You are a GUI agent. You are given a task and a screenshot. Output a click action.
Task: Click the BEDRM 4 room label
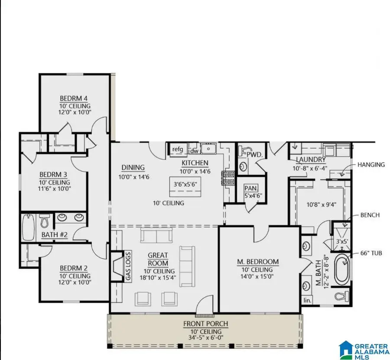click(x=75, y=98)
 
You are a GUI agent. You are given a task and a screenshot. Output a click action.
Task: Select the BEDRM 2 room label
click(x=75, y=268)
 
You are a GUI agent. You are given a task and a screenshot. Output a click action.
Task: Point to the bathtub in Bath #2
click(x=28, y=227)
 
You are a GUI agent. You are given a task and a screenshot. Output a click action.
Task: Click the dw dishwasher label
click(x=194, y=151)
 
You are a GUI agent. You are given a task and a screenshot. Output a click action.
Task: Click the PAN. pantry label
click(x=250, y=189)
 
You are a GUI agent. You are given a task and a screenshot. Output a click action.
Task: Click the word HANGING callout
click(x=371, y=164)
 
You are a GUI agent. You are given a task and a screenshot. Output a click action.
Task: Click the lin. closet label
click(x=308, y=300)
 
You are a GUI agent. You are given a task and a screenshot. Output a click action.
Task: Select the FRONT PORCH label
click(x=205, y=324)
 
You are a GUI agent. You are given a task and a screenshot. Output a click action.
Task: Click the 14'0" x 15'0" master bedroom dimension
click(x=257, y=277)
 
